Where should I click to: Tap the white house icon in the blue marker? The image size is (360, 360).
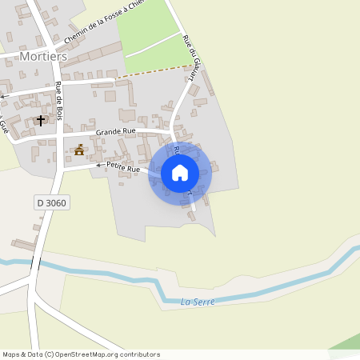point(180,172)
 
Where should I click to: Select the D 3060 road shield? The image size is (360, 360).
point(52,203)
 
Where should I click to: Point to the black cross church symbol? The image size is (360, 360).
point(41,120)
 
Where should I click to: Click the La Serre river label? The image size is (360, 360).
point(196,302)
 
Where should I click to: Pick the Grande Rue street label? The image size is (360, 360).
point(115,131)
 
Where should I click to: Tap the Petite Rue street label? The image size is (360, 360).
point(122,167)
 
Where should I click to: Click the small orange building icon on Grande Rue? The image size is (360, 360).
point(79,150)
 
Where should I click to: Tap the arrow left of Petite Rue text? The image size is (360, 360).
point(100,165)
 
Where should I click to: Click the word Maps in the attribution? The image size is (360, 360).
point(11,354)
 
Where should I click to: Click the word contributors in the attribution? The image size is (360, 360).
point(139,354)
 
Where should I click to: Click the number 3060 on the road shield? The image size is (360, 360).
point(57,203)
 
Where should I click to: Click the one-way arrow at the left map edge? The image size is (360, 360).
point(3,96)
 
